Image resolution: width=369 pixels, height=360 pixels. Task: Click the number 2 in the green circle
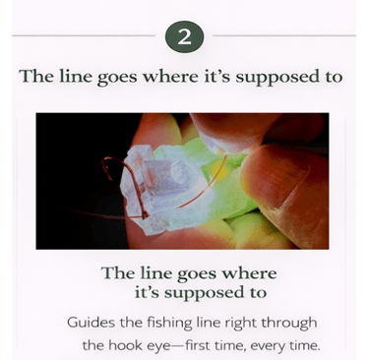pyautogui.click(x=184, y=37)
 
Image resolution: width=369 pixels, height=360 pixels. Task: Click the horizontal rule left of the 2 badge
pyautogui.click(x=84, y=35)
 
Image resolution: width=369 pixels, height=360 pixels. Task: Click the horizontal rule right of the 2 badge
pyautogui.click(x=284, y=35)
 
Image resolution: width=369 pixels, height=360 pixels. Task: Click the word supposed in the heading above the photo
pyautogui.click(x=277, y=78)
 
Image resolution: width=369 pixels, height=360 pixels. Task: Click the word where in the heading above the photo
pyautogui.click(x=171, y=76)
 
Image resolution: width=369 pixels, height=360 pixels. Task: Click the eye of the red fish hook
pyautogui.click(x=144, y=215)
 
